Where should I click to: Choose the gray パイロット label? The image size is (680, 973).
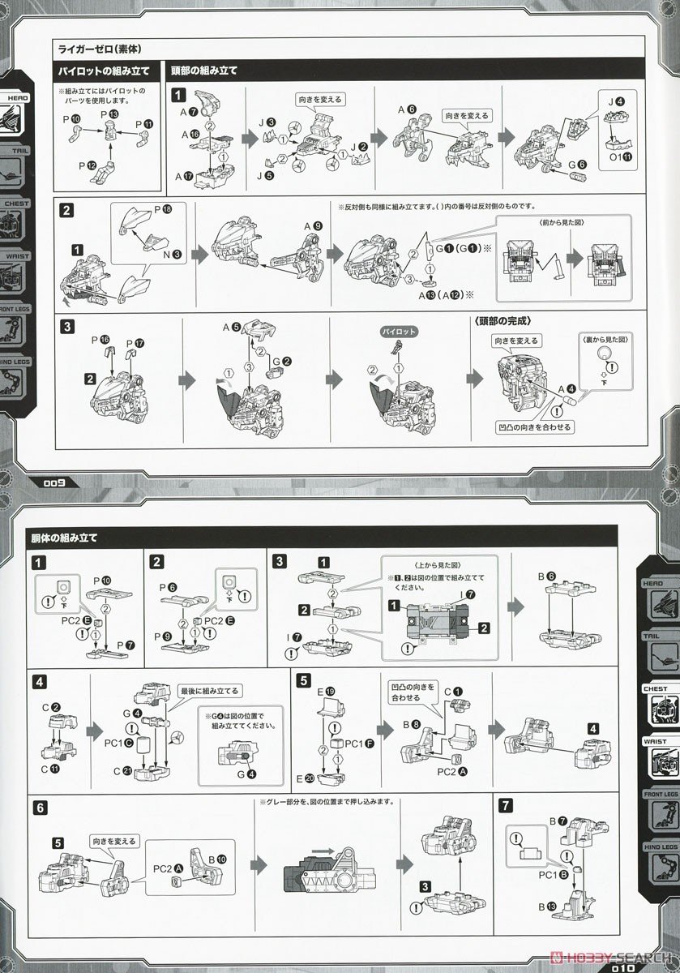click(x=396, y=332)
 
